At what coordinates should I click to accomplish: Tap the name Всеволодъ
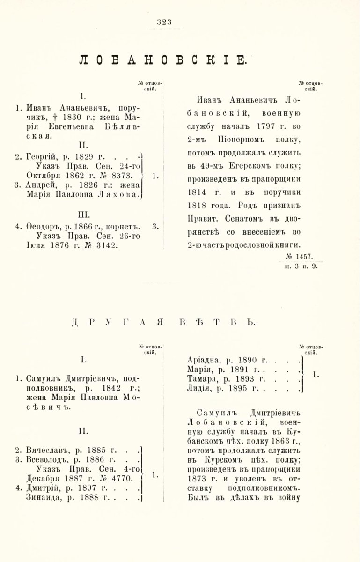pos(48,460)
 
